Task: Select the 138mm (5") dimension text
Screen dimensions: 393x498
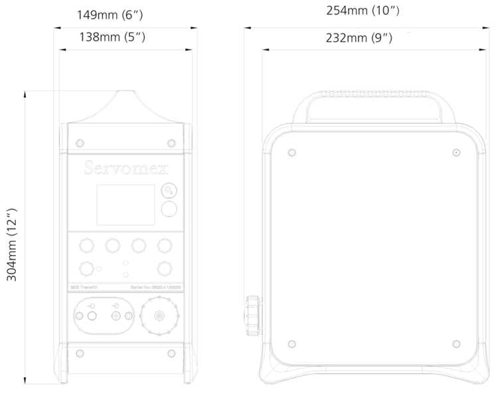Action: [112, 37]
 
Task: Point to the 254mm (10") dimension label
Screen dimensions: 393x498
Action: [363, 11]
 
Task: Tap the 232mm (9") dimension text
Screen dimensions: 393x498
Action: [359, 37]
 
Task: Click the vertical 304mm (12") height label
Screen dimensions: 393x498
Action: [13, 245]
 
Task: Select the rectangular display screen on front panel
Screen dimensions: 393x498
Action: [125, 204]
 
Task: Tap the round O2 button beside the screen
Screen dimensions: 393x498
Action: [170, 191]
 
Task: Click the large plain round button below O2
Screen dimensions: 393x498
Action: [170, 210]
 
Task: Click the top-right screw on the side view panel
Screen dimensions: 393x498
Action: [456, 152]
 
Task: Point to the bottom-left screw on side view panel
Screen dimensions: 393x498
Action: [292, 343]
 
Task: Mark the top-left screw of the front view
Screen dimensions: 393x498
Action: [80, 143]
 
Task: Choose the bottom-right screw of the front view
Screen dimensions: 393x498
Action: [171, 352]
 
